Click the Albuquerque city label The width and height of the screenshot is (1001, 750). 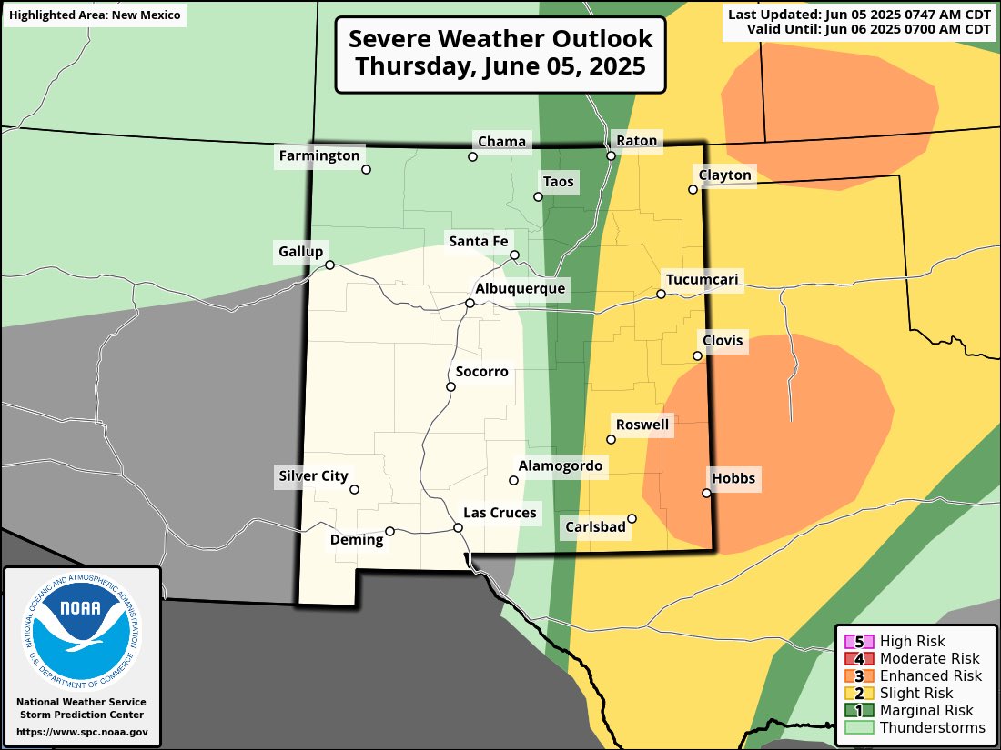click(x=521, y=288)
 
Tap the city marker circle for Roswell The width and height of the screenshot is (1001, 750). click(x=612, y=439)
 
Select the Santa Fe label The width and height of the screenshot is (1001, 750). click(x=478, y=241)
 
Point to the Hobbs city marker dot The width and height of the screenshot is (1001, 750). click(x=706, y=493)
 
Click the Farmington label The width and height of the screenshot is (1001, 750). click(x=319, y=155)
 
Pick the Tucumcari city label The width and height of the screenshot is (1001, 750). click(x=703, y=280)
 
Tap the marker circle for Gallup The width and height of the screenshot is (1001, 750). click(x=330, y=265)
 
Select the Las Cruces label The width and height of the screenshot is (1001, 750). click(x=500, y=513)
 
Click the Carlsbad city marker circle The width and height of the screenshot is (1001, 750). click(x=632, y=519)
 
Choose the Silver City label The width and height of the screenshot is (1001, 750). click(x=313, y=475)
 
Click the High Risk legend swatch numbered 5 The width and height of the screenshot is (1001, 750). click(x=859, y=642)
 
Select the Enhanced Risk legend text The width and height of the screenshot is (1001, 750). click(x=931, y=675)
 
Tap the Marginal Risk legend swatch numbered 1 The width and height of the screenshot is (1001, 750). click(x=859, y=710)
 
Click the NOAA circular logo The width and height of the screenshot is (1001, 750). click(x=82, y=626)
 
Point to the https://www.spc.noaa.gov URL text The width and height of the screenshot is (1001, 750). click(x=82, y=732)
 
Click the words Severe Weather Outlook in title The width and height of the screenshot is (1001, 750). click(x=500, y=40)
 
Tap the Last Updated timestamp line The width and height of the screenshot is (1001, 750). click(x=860, y=15)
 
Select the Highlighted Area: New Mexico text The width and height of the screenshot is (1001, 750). click(x=94, y=15)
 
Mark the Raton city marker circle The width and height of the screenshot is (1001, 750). click(x=612, y=155)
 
